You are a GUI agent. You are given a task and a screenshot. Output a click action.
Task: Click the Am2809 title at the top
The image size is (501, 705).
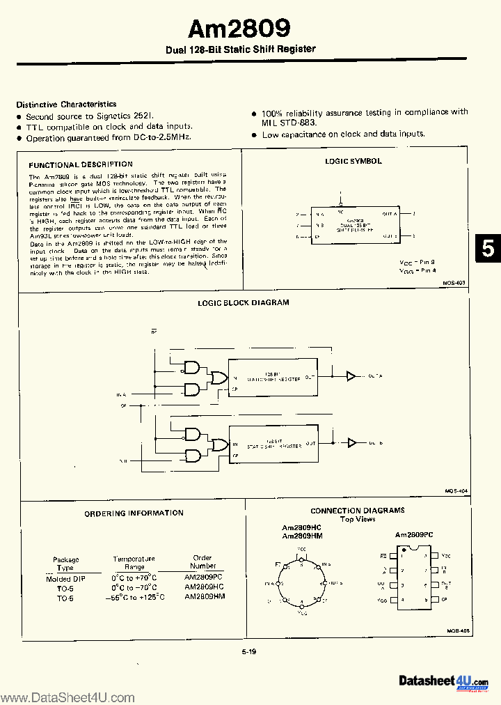(x=239, y=28)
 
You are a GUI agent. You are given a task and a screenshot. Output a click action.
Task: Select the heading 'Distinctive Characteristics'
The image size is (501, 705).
(x=66, y=104)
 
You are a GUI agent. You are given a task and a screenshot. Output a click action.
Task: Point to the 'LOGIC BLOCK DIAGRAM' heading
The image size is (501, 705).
(x=243, y=302)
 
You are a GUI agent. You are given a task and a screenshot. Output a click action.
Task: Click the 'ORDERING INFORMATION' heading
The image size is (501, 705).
(x=134, y=513)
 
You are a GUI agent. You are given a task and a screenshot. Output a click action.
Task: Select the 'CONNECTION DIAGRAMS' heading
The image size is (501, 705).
(x=357, y=511)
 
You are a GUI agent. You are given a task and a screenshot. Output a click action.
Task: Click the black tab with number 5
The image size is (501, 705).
(x=488, y=249)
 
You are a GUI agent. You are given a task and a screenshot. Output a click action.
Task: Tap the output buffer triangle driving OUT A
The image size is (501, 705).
(x=351, y=376)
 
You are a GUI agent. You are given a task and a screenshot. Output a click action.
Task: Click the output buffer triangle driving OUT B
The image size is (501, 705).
(x=351, y=442)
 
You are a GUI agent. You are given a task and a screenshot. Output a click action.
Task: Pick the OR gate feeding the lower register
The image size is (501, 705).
(x=220, y=444)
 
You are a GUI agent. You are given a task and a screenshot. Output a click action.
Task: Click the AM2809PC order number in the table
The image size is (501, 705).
(x=203, y=578)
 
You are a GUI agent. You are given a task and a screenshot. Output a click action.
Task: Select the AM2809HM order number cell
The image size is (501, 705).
(x=204, y=597)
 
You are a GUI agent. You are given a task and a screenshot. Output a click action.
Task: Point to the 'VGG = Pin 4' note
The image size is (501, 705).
(x=417, y=270)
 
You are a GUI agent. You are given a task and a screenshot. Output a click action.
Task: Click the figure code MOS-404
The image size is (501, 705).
(x=456, y=490)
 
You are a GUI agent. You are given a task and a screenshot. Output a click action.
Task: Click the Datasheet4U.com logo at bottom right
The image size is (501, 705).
(x=443, y=681)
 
